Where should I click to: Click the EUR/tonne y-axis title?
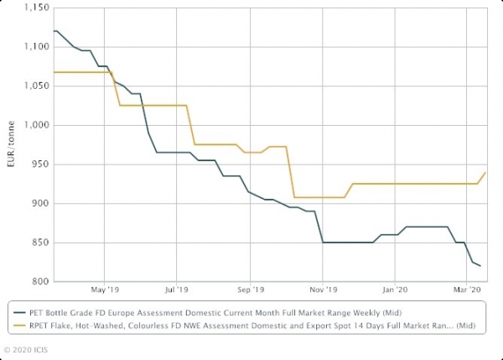click(x=9, y=144)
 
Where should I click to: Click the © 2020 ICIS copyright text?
click(x=28, y=347)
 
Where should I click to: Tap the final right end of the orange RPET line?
click(x=485, y=172)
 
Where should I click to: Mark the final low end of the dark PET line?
click(x=480, y=266)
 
